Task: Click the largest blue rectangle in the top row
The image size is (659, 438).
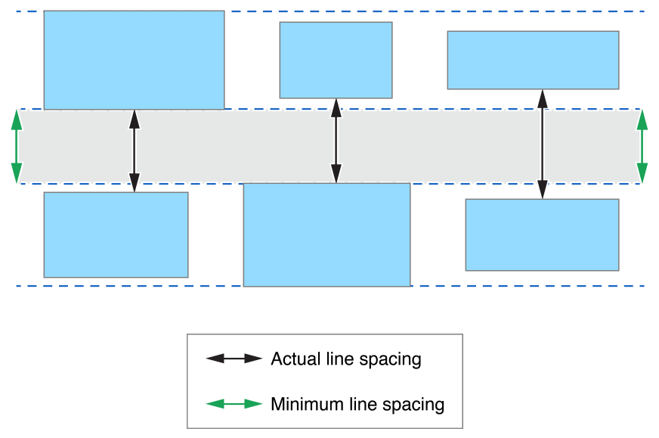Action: pos(134,60)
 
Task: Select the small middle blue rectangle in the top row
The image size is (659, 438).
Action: pos(336,60)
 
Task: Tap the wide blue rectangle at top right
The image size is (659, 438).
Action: pos(533,60)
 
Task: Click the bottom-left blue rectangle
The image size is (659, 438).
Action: pos(116,235)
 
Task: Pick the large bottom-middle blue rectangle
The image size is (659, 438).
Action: pos(326,235)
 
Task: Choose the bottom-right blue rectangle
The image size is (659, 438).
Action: pos(542,235)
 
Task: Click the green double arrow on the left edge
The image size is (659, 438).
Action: pos(17,147)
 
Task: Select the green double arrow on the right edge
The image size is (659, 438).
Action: pos(642,147)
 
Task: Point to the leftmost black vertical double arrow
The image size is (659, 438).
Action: pos(135,151)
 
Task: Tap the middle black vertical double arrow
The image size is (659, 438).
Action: pos(336,141)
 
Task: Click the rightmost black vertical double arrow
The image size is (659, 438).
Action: pos(542,144)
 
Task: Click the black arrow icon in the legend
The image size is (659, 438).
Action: pos(234,359)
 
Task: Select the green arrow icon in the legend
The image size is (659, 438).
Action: pos(234,404)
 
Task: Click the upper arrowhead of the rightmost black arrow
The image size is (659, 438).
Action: pos(542,98)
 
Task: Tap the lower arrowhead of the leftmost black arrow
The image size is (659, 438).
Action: pos(135,183)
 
